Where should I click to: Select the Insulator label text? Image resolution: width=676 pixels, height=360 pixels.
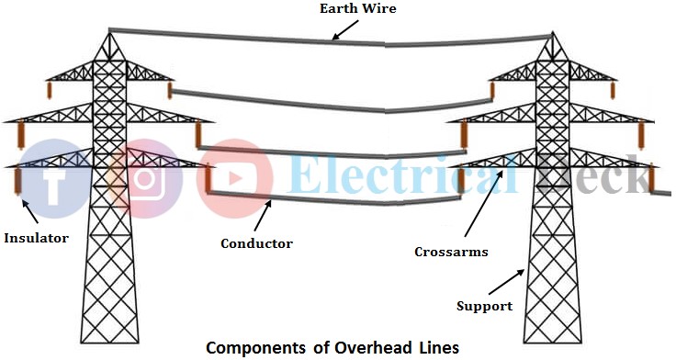[x=36, y=238]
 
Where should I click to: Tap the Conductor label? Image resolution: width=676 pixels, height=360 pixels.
[x=256, y=243]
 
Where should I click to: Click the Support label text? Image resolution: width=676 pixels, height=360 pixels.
[x=484, y=305]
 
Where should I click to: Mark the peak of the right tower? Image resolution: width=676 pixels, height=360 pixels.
[x=552, y=34]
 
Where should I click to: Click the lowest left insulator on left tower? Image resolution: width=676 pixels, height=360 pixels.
[x=17, y=181]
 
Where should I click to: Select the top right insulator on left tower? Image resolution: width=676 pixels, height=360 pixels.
[x=170, y=90]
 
